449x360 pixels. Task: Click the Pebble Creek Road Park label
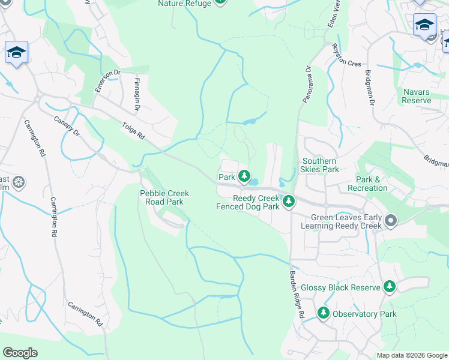coord(164,197)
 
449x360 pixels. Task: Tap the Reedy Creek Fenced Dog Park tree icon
coord(289,201)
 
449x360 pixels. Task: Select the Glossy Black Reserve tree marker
coord(390,287)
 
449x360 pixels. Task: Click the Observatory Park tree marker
coord(324,313)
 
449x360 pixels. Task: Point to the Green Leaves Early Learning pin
coord(391,221)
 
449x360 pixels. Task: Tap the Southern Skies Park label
coord(319,165)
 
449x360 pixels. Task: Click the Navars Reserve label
coord(417,96)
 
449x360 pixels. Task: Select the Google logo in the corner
coord(20,353)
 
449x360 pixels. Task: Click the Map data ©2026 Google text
coord(411,355)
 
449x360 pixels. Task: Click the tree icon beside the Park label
coord(244,176)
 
